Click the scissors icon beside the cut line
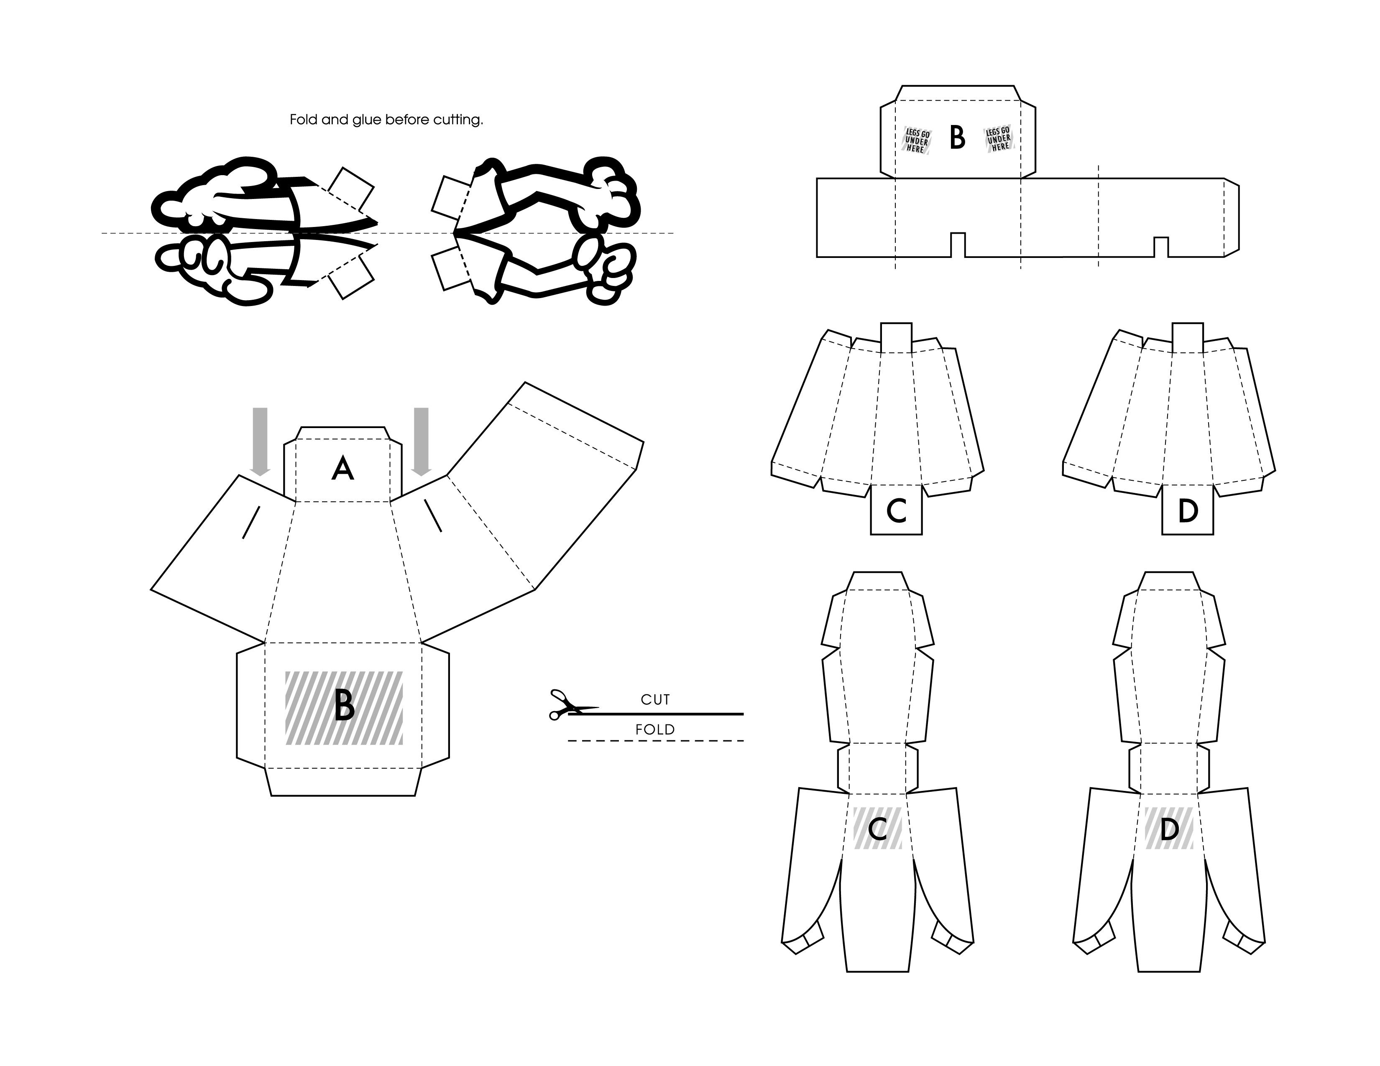tap(572, 705)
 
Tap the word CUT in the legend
tap(655, 700)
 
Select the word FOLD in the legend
tap(655, 729)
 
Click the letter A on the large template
tap(342, 469)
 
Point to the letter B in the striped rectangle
tap(344, 705)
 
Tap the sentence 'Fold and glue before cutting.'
tap(386, 120)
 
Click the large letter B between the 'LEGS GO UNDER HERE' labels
tap(957, 137)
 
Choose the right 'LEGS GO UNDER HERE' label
tap(999, 139)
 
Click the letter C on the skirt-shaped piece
tap(897, 511)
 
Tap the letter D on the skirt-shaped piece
tap(1188, 511)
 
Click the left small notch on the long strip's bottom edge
tap(958, 245)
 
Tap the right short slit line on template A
tap(433, 515)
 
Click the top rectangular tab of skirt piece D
tap(1188, 338)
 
